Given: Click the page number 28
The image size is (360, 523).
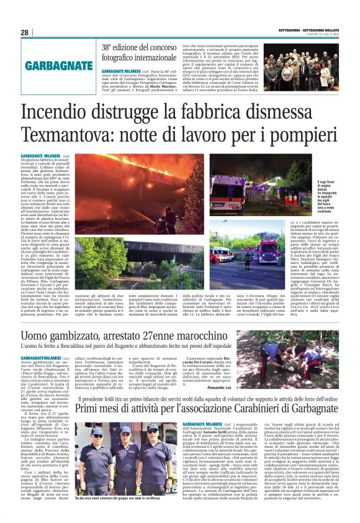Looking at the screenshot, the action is tap(25, 32).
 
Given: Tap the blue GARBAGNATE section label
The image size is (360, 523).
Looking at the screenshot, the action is tap(56, 65).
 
